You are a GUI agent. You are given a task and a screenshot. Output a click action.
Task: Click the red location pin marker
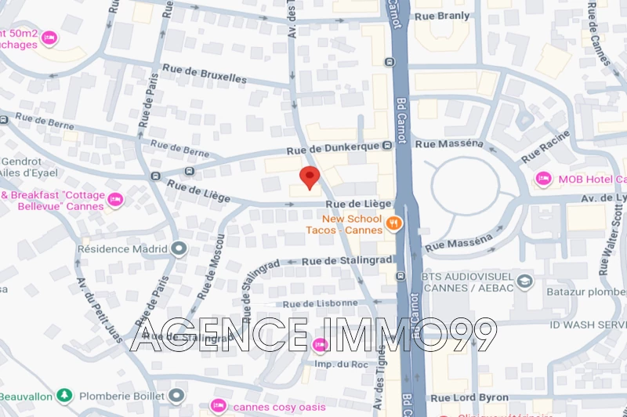pyautogui.click(x=310, y=177)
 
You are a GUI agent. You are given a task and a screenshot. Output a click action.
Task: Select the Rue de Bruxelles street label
pyautogui.click(x=205, y=75)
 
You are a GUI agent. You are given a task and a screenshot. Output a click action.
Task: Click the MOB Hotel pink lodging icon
pyautogui.click(x=543, y=179)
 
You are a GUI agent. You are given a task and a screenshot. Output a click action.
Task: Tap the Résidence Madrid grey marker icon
pyautogui.click(x=179, y=248)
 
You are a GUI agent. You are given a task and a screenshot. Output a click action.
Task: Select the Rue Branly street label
pyautogui.click(x=442, y=16)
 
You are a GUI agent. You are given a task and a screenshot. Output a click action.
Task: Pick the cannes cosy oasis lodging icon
pyautogui.click(x=219, y=405)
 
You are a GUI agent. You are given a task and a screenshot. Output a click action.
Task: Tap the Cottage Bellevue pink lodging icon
pyautogui.click(x=115, y=200)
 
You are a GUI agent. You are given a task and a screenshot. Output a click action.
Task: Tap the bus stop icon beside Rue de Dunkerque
pyautogui.click(x=387, y=146)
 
